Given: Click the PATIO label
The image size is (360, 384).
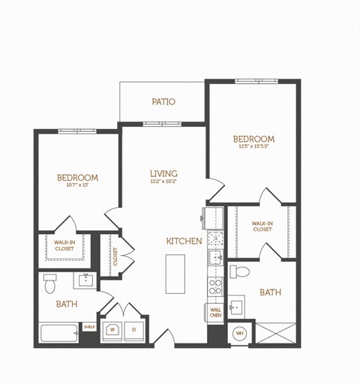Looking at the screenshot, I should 163,101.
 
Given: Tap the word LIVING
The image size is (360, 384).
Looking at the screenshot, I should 163,173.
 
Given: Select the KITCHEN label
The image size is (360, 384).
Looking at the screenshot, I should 184,241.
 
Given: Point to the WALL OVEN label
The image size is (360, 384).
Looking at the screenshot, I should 215,312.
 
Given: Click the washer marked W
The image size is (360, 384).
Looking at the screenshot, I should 113,328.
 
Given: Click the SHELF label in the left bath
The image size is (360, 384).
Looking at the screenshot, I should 88,327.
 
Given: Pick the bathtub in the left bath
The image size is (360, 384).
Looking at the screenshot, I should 58,333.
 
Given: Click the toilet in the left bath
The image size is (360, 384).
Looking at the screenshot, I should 49,284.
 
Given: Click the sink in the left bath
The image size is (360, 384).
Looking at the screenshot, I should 85,280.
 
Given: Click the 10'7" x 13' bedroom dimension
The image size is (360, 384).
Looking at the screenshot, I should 77,185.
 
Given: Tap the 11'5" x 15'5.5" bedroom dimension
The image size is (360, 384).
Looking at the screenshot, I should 253,146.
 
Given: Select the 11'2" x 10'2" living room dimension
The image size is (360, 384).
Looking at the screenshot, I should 163,181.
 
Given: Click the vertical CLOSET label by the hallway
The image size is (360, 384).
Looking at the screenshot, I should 115,256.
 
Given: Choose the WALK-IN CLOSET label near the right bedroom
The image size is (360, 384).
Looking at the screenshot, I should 262,226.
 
